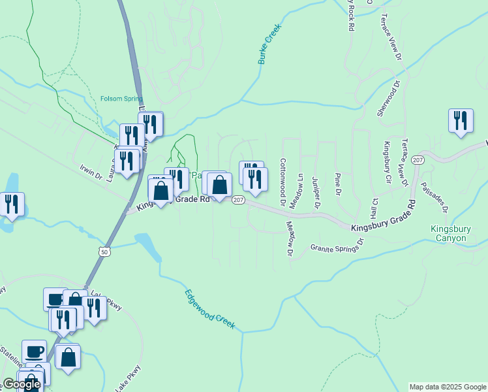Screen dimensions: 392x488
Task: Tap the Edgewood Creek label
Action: (209, 309)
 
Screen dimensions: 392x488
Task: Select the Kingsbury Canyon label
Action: (449, 234)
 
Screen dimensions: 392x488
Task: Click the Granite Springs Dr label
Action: (336, 246)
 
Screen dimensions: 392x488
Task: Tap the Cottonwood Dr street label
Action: (282, 182)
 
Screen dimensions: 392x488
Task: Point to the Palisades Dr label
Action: (435, 197)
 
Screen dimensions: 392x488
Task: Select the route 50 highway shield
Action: (104, 251)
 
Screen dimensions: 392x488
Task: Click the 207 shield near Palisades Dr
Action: (419, 160)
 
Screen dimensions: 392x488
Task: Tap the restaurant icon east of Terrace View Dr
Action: (461, 121)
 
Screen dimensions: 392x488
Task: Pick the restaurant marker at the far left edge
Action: (12, 204)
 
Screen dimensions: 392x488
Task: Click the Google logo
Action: (22, 384)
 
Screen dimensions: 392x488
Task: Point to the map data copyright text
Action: (448, 387)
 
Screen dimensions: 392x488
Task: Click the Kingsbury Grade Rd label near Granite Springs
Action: (382, 219)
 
